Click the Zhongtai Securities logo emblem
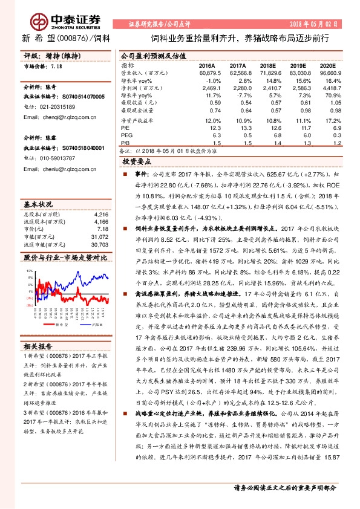(38, 20)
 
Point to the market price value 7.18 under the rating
(57, 66)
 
